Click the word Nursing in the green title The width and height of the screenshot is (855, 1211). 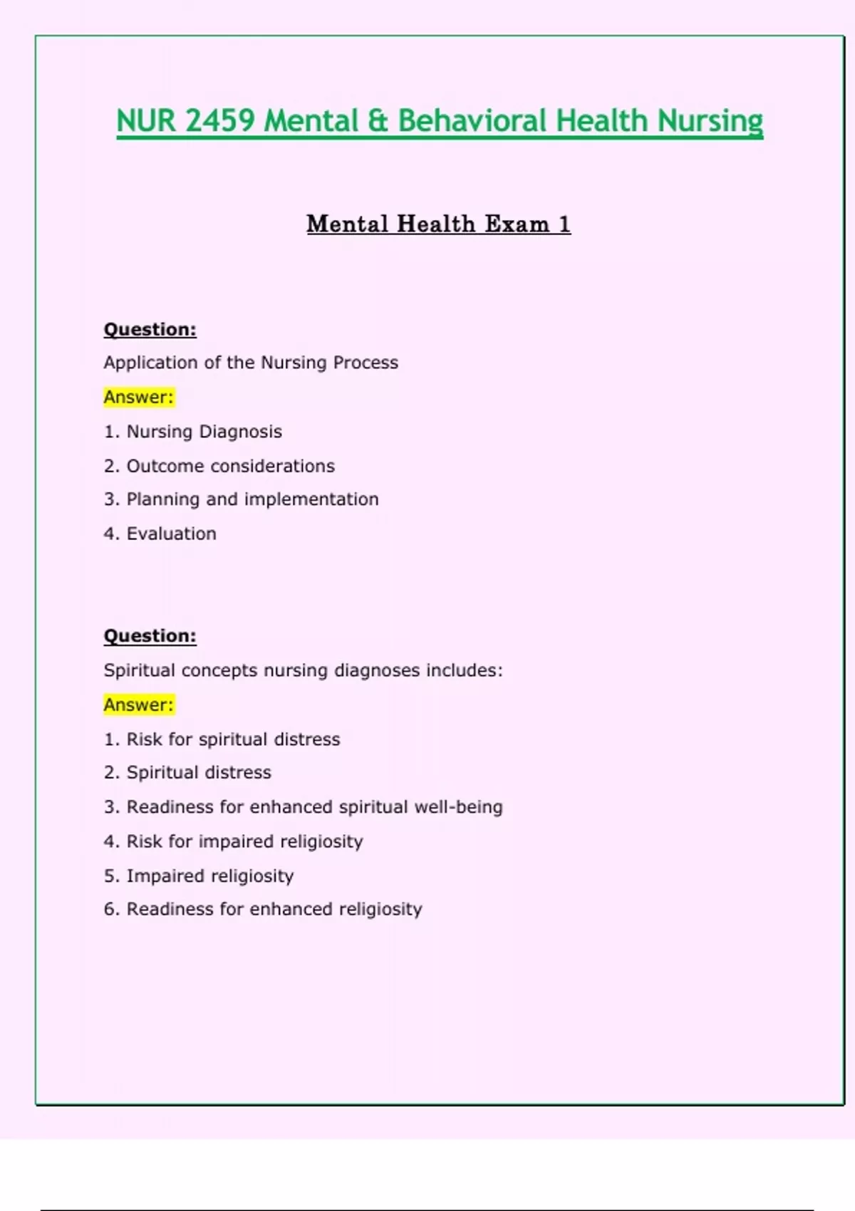pos(710,120)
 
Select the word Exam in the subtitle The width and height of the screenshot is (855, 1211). pos(517,224)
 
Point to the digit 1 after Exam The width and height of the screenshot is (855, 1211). pos(564,224)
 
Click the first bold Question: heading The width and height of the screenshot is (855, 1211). pos(150,329)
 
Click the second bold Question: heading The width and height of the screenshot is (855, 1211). pos(150,635)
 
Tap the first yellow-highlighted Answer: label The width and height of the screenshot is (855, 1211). pos(138,397)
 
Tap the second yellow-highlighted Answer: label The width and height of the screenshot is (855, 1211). pos(138,705)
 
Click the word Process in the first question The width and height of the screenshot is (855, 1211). pos(366,363)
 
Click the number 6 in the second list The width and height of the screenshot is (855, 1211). pos(109,909)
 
